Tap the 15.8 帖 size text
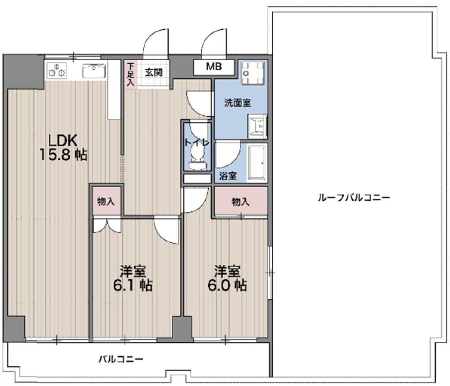[62, 155]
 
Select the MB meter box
[214, 67]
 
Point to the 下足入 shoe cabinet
[130, 74]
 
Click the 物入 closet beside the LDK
[106, 202]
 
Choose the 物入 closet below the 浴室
[241, 202]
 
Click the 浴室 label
[228, 176]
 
